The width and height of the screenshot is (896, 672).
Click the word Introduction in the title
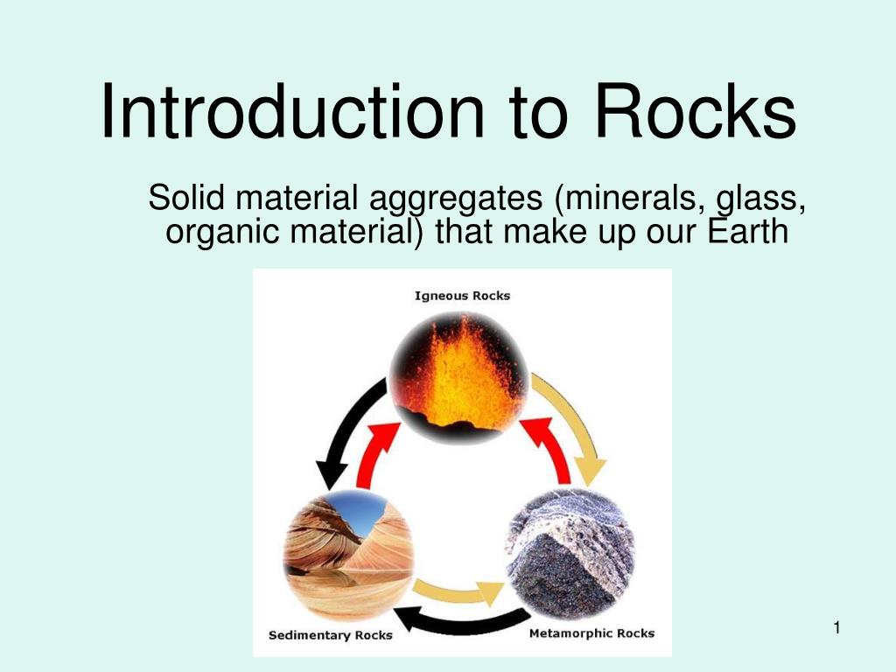(x=292, y=111)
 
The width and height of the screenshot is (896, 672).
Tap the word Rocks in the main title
(x=696, y=111)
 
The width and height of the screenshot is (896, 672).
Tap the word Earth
(x=748, y=231)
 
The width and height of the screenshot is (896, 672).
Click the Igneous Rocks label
(x=462, y=296)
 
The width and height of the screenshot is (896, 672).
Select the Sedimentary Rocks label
(x=330, y=635)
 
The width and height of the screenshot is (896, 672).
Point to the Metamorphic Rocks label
(x=592, y=633)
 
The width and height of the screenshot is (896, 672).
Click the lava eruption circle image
(x=458, y=377)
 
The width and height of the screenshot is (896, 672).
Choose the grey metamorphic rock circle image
(x=570, y=554)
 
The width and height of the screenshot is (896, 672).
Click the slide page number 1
(x=837, y=628)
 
